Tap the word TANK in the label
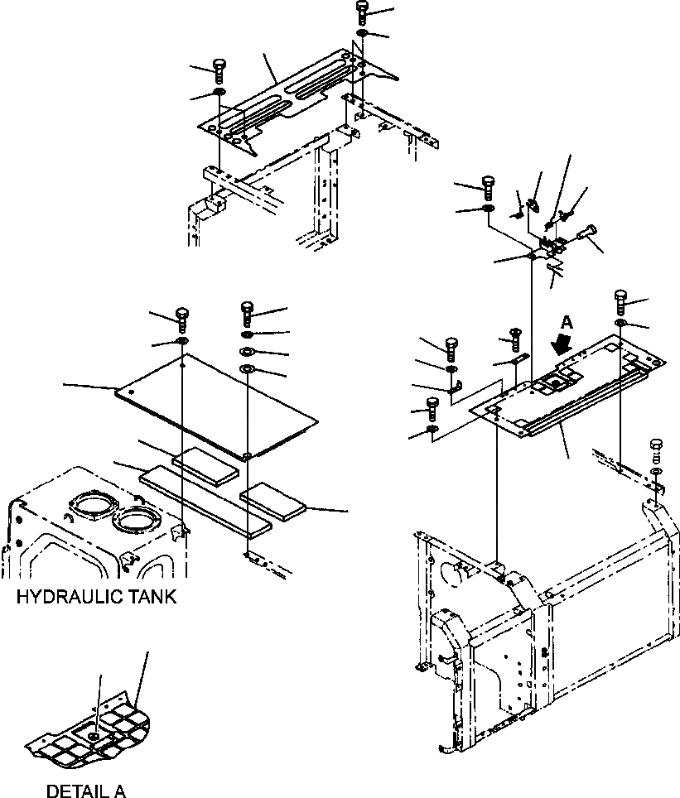pos(148,598)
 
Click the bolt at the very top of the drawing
pos(362,11)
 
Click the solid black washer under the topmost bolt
pos(362,32)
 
